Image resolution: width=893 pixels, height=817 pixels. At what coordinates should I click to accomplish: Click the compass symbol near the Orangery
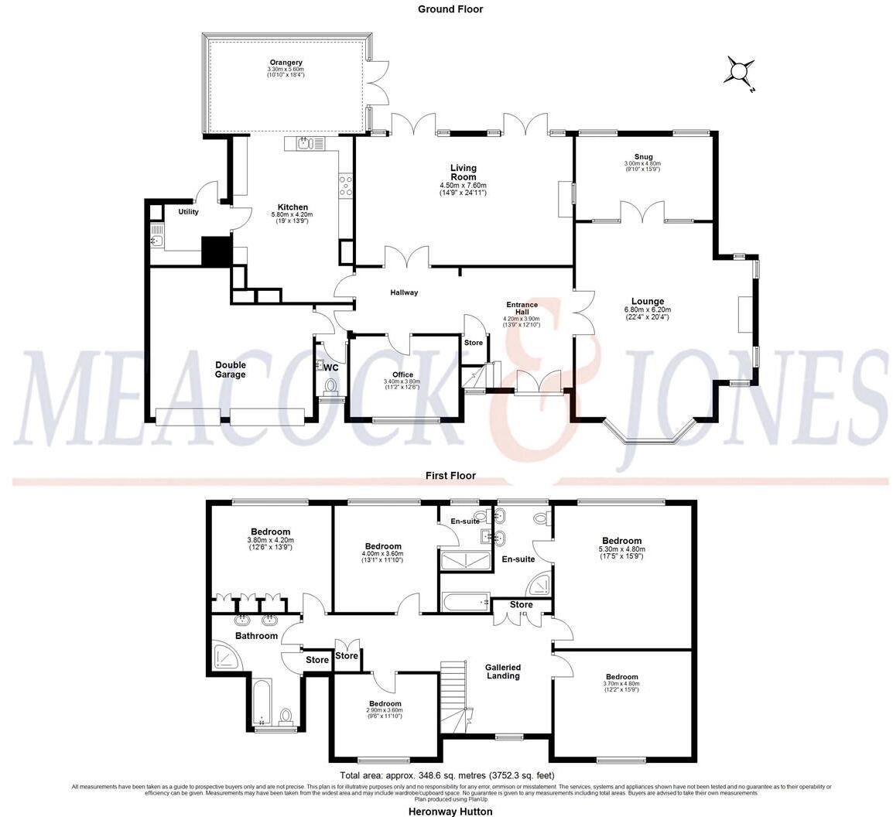(x=738, y=72)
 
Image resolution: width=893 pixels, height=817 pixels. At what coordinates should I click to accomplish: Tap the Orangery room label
(x=286, y=63)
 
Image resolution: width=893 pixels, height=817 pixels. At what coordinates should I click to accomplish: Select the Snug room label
(x=642, y=155)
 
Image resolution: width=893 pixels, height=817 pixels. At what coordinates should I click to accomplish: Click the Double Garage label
(x=231, y=370)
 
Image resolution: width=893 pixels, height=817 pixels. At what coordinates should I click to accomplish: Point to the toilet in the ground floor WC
(x=331, y=385)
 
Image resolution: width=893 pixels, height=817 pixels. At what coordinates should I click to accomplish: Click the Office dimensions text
(x=402, y=384)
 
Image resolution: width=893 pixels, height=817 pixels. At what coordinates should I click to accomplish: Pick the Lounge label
(x=647, y=302)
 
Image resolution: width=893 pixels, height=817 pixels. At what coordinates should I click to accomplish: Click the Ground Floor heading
(x=450, y=9)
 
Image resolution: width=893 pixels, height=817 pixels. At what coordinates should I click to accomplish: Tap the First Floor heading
(x=450, y=476)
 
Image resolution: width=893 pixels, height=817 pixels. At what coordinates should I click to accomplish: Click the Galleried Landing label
(x=503, y=672)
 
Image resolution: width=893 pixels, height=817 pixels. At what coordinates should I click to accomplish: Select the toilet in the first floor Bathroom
(x=286, y=716)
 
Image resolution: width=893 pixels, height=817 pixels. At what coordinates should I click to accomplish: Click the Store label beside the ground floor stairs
(x=473, y=343)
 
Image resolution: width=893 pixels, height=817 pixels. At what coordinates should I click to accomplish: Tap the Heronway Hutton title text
(x=450, y=812)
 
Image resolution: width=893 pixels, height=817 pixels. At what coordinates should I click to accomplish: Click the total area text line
(x=447, y=775)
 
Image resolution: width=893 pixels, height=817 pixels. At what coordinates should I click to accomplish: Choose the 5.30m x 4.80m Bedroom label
(x=621, y=541)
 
